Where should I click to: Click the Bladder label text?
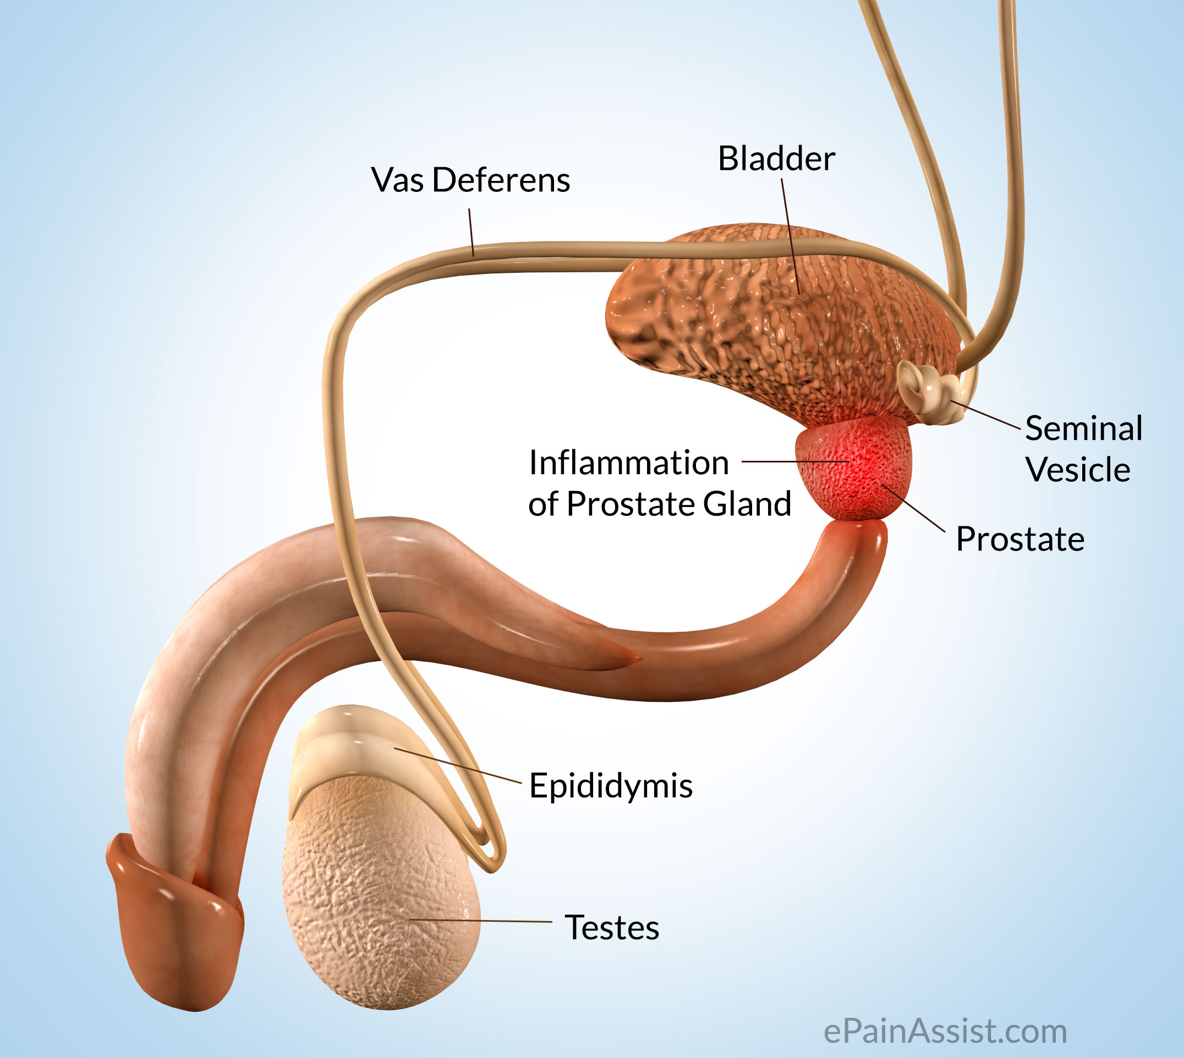point(776,159)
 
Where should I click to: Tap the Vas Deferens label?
point(470,180)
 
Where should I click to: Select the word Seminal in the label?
point(1083,428)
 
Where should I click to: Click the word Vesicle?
point(1078,469)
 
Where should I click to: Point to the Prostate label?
point(1020,539)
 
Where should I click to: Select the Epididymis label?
point(611,786)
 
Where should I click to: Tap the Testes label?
point(612,927)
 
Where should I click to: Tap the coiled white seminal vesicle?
point(928,389)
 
